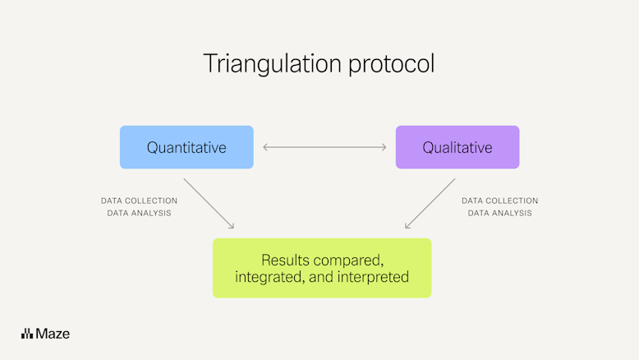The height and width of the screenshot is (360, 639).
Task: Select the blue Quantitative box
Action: point(186,147)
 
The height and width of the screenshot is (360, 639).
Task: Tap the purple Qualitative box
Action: point(457,147)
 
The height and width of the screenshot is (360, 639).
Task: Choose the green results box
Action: point(321,268)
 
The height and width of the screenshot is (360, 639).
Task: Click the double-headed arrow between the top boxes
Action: point(324,147)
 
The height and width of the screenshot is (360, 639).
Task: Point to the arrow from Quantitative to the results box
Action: point(209,204)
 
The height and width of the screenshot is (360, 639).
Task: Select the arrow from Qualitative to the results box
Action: point(430,204)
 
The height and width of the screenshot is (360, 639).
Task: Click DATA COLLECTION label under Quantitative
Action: point(139,201)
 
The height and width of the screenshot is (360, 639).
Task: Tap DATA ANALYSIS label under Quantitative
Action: point(139,213)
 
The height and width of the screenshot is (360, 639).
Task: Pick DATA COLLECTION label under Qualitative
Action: point(499,201)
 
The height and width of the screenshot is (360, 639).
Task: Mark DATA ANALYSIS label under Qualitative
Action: point(499,213)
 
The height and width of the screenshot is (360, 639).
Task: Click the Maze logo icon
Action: point(27,333)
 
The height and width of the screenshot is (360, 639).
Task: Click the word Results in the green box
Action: point(284,258)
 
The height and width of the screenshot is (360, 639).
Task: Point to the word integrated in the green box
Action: point(268,277)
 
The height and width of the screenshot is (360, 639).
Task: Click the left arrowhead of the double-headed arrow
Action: point(264,147)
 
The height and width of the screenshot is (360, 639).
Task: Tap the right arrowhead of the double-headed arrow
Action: point(384,147)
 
